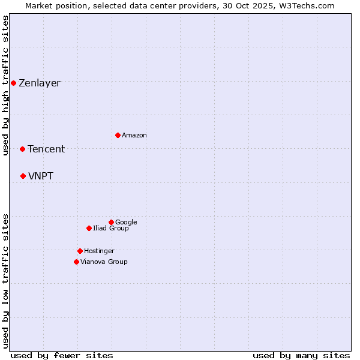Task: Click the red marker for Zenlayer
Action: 13,83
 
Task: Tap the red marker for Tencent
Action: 22,149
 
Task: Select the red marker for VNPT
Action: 23,176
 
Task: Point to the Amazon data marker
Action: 118,135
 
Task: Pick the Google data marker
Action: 111,222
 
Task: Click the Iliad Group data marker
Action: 89,228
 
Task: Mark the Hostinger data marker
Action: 80,251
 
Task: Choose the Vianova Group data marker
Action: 76,262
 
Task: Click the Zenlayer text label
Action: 40,83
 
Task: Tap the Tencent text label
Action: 46,149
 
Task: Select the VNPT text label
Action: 41,176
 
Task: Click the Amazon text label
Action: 134,136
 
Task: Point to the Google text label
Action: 126,223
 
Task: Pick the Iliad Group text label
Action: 111,229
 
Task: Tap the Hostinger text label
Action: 99,251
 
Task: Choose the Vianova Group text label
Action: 104,262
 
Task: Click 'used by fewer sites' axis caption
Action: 62,356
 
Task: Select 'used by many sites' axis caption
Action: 301,356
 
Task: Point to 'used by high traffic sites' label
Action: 6,85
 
